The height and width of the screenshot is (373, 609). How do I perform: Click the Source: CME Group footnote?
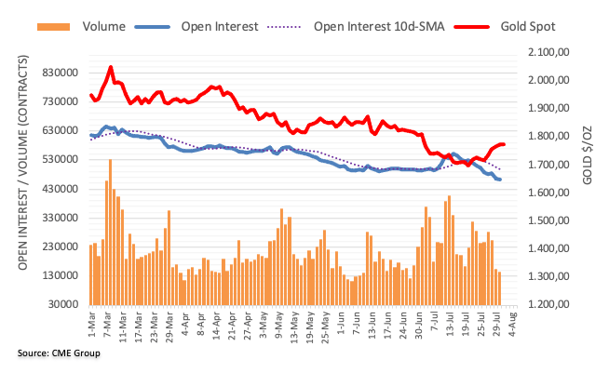tap(59, 353)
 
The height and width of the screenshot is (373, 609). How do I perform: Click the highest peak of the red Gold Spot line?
tap(111, 67)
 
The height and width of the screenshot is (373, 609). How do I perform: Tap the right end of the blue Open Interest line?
tap(500, 180)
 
